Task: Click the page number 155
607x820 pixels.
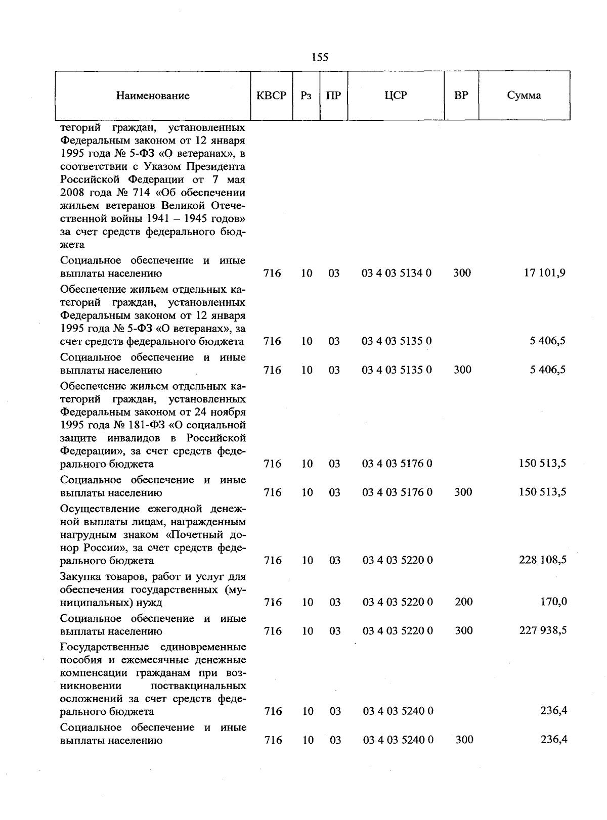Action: (x=320, y=57)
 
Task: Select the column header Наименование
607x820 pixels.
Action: (x=153, y=96)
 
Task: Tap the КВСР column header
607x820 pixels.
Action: (x=272, y=95)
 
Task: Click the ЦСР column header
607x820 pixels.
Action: (x=396, y=95)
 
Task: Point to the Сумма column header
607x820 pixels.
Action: (x=524, y=95)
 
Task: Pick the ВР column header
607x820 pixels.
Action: (x=461, y=95)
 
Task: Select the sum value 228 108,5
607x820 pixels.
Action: (x=542, y=560)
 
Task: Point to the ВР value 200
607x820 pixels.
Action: (x=463, y=602)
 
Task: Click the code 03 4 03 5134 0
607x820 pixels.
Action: (x=397, y=274)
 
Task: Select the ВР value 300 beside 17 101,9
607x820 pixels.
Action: (x=462, y=273)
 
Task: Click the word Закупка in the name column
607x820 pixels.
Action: (x=79, y=576)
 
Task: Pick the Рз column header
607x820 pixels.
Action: (x=306, y=96)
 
